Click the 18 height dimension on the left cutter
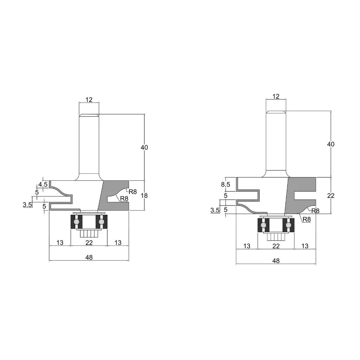point(144,195)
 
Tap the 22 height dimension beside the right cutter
point(330,195)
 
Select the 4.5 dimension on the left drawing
point(43,184)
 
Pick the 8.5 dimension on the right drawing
point(226,184)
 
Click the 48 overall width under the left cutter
point(89,258)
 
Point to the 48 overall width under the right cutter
point(276,261)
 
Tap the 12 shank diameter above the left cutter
point(89,99)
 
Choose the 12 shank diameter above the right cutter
point(276,96)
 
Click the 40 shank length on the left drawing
point(144,147)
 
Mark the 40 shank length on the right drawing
point(330,144)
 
